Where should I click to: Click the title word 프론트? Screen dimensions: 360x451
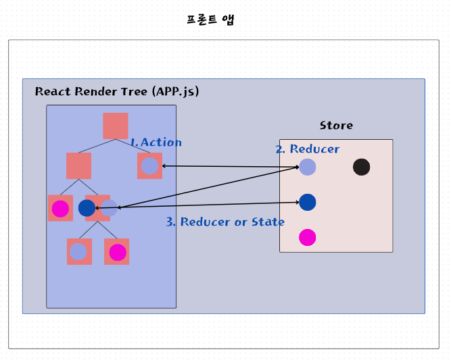click(201, 19)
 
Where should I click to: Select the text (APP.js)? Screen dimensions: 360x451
click(175, 91)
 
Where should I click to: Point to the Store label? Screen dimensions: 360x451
click(336, 126)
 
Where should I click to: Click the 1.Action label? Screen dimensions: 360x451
click(156, 143)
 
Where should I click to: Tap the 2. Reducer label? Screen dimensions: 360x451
click(308, 149)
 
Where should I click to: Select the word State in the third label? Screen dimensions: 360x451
click(268, 222)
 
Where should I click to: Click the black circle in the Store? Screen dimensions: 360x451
click(362, 167)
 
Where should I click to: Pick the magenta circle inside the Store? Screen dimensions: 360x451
click(308, 238)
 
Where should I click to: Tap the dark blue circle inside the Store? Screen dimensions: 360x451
click(308, 202)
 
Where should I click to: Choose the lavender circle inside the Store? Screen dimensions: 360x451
click(308, 167)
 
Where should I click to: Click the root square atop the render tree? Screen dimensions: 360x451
click(116, 126)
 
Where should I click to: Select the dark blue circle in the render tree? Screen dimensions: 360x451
click(87, 208)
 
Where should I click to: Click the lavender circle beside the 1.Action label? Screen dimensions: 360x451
click(149, 165)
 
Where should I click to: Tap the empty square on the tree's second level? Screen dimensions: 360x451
click(78, 165)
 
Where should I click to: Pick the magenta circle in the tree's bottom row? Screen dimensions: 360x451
click(118, 252)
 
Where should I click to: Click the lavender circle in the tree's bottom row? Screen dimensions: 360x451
click(78, 252)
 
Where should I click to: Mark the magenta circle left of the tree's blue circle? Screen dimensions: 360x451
click(61, 208)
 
